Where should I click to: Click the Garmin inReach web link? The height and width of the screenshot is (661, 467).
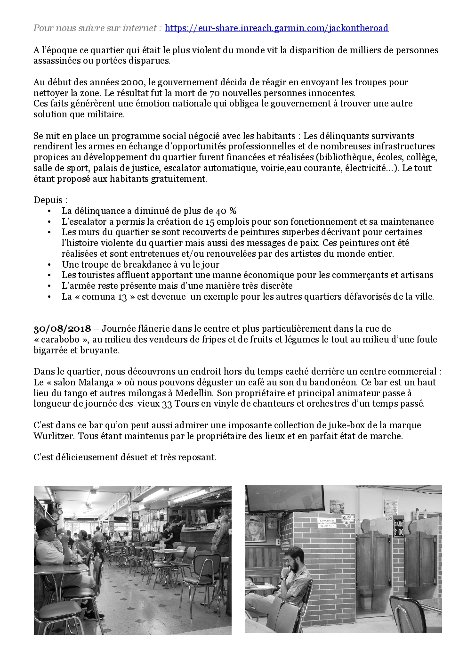pyautogui.click(x=277, y=28)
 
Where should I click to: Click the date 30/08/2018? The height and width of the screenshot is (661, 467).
pyautogui.click(x=62, y=329)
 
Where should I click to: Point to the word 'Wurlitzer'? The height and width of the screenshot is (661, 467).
pyautogui.click(x=54, y=436)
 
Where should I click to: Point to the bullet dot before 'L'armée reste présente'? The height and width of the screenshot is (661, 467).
pyautogui.click(x=49, y=286)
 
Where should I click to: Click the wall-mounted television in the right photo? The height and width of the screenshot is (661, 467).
pyautogui.click(x=285, y=498)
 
